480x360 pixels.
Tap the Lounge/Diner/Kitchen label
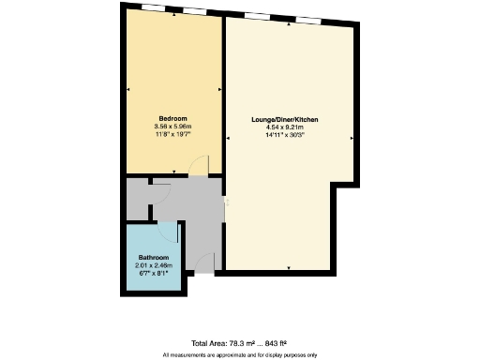coord(292,120)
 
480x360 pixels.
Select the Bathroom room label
coord(154,257)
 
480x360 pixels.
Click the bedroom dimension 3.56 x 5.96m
coord(172,127)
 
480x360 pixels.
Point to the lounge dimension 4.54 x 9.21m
coord(292,127)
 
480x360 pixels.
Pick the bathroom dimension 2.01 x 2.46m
coord(154,264)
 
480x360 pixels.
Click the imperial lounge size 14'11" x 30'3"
coord(292,135)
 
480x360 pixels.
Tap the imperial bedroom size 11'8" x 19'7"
coord(172,135)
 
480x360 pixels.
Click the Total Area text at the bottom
coord(240,344)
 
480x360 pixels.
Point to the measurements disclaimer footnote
coord(240,354)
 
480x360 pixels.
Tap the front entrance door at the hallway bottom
coord(205,263)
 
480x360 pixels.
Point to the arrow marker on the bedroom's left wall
coord(128,91)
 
